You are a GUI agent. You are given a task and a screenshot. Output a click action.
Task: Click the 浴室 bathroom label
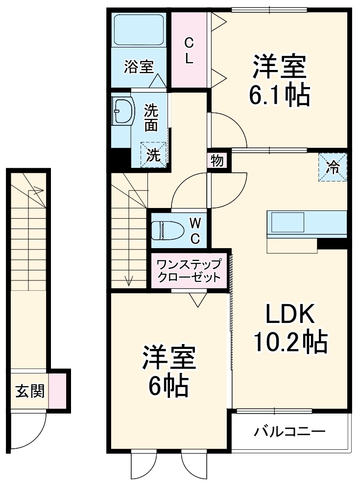139,67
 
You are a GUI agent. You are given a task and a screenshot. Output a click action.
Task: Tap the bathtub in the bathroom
139,30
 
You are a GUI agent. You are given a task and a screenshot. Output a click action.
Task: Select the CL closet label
189,51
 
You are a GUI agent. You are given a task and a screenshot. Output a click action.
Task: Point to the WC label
195,230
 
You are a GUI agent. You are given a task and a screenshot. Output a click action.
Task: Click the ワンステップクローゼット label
189,271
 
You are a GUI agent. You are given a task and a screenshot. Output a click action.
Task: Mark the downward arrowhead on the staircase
129,281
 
